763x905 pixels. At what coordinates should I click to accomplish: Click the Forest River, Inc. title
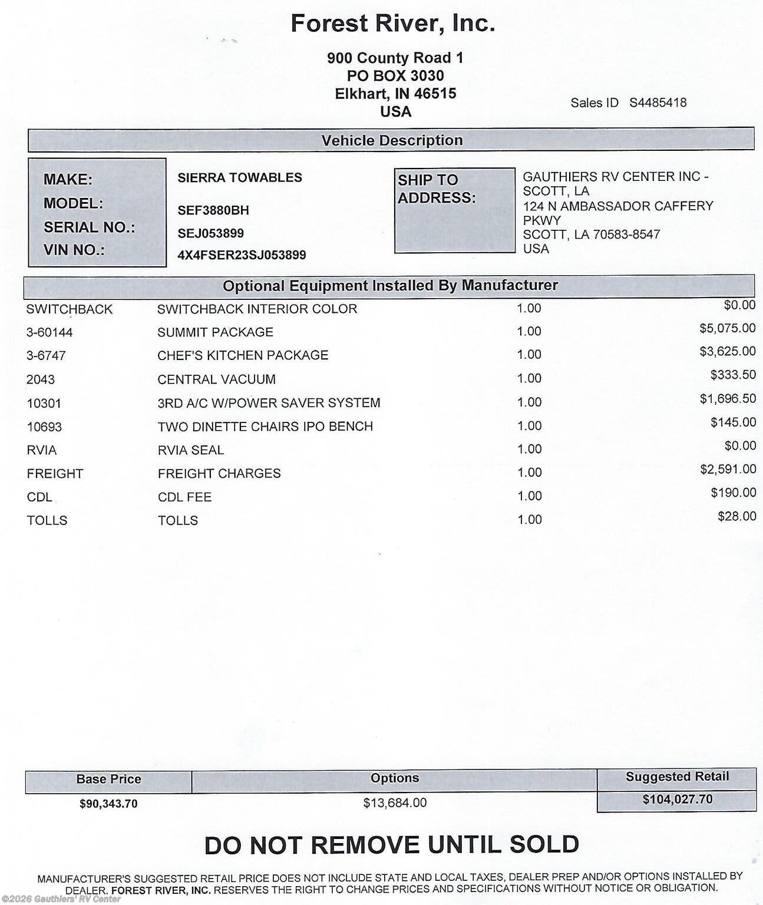(x=392, y=24)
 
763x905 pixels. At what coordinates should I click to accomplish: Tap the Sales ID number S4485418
(x=658, y=103)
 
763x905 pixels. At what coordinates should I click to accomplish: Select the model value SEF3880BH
(x=213, y=210)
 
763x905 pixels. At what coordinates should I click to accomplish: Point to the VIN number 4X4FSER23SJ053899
(x=242, y=255)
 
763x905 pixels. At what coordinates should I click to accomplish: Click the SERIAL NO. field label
(x=89, y=227)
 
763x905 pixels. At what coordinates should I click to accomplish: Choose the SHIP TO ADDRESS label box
(x=454, y=210)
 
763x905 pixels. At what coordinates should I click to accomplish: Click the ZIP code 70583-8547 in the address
(x=626, y=234)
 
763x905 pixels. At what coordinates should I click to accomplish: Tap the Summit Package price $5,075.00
(x=727, y=328)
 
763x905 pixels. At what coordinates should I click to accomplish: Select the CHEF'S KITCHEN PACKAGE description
(x=243, y=355)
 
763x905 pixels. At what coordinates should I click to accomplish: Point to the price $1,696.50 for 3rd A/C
(x=727, y=399)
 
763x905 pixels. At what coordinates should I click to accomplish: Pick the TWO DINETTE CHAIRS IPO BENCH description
(x=265, y=426)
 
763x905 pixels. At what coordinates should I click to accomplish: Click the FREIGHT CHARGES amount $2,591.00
(x=728, y=469)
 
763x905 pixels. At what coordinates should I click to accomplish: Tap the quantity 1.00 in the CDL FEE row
(x=529, y=496)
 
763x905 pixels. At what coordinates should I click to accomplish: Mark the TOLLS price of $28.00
(x=736, y=517)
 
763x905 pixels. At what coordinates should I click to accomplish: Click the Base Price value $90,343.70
(x=108, y=804)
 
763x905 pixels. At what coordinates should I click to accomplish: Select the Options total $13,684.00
(x=395, y=802)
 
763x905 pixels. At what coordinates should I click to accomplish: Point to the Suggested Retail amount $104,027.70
(x=677, y=800)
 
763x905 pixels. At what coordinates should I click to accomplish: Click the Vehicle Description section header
(x=392, y=140)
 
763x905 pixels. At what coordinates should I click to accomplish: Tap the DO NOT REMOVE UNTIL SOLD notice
(x=391, y=845)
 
